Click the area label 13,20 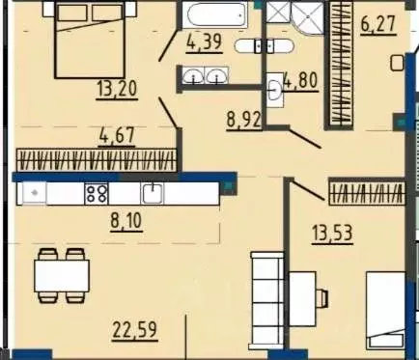[x=118, y=89]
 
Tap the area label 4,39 [x=204, y=42]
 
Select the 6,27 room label [x=378, y=23]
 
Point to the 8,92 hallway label [x=244, y=120]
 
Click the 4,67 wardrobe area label [x=117, y=136]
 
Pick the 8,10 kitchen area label [x=126, y=221]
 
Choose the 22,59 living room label [x=135, y=329]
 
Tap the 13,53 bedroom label [x=332, y=233]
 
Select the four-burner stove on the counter [x=97, y=193]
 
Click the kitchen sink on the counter [x=153, y=193]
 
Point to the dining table [x=62, y=276]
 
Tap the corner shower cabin [x=307, y=17]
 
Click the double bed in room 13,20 [x=90, y=40]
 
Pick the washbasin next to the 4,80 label [x=274, y=90]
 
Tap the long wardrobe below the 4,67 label [x=97, y=160]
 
